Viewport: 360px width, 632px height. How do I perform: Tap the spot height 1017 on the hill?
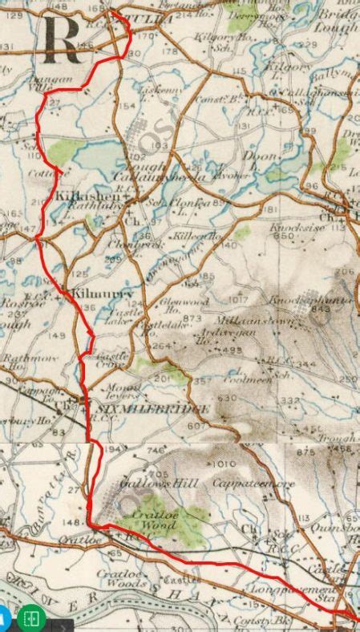[x=237, y=301]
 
